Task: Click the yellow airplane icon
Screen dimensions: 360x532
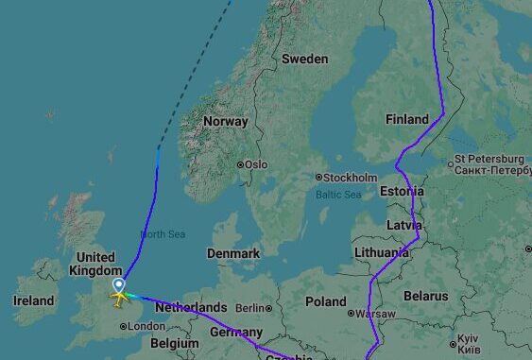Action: click(x=119, y=298)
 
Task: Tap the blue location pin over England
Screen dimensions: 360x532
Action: click(x=119, y=284)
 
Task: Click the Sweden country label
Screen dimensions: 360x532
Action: click(x=305, y=59)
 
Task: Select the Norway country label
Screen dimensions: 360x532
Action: click(x=226, y=121)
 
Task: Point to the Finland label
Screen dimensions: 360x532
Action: click(x=407, y=119)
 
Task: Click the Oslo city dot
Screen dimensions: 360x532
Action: click(x=240, y=164)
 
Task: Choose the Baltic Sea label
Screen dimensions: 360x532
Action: click(x=338, y=195)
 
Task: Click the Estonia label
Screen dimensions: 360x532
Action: click(x=403, y=192)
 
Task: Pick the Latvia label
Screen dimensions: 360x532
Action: click(x=403, y=225)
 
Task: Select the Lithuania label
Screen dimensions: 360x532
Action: click(x=383, y=253)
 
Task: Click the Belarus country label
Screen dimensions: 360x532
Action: click(x=425, y=296)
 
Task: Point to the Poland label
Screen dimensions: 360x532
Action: click(x=326, y=301)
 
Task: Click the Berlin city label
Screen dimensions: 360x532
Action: click(x=250, y=308)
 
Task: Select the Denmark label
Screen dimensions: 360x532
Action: click(x=233, y=253)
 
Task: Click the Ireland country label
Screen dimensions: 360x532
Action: click(x=33, y=300)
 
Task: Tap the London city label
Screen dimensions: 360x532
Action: click(x=146, y=326)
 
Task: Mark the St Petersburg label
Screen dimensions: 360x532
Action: click(x=489, y=159)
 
